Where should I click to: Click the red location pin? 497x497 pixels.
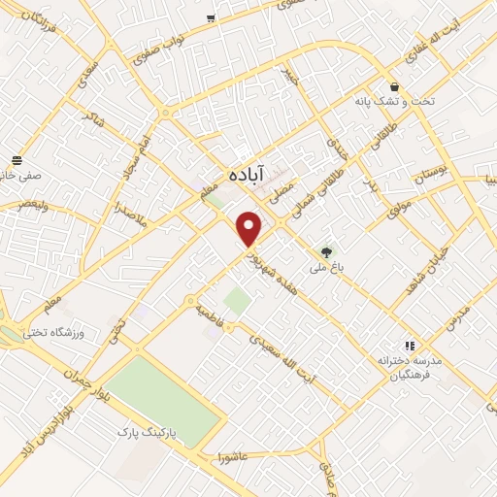249,228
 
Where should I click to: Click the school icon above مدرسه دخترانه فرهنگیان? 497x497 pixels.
409,345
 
